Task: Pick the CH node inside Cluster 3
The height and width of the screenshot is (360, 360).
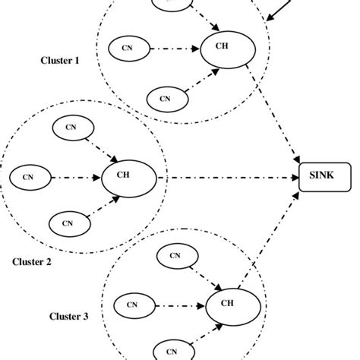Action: point(228,305)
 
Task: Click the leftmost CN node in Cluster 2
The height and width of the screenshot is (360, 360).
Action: point(28,178)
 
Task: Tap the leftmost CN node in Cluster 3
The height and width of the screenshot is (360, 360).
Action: point(132,306)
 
